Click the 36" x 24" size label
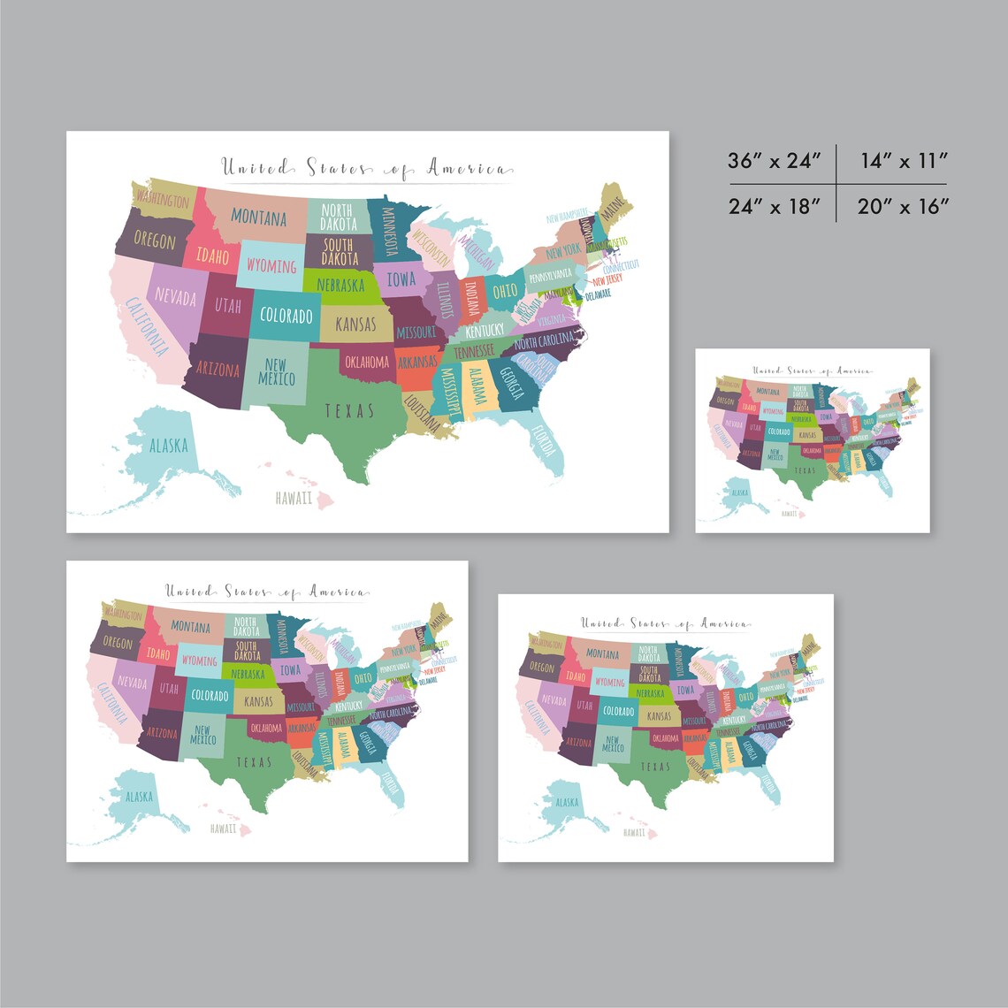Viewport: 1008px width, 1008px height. [775, 161]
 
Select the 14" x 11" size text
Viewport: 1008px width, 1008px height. [903, 161]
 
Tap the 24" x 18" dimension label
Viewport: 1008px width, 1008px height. [775, 207]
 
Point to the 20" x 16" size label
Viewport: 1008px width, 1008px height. [903, 207]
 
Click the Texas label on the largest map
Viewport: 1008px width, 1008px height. [349, 410]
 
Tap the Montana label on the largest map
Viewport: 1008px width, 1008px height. [259, 217]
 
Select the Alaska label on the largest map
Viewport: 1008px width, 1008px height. [169, 445]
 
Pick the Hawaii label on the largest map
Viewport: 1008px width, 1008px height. [294, 499]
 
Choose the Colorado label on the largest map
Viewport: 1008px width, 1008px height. [286, 316]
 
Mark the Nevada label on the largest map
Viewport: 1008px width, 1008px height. [175, 296]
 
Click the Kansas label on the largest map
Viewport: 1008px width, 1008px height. [355, 324]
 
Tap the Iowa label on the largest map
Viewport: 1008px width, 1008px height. [401, 279]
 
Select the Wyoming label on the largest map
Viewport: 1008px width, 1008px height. [271, 265]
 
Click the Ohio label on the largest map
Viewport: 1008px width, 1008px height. [505, 290]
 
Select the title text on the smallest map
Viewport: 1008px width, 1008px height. [812, 371]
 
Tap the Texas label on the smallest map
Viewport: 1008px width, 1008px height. [805, 470]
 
